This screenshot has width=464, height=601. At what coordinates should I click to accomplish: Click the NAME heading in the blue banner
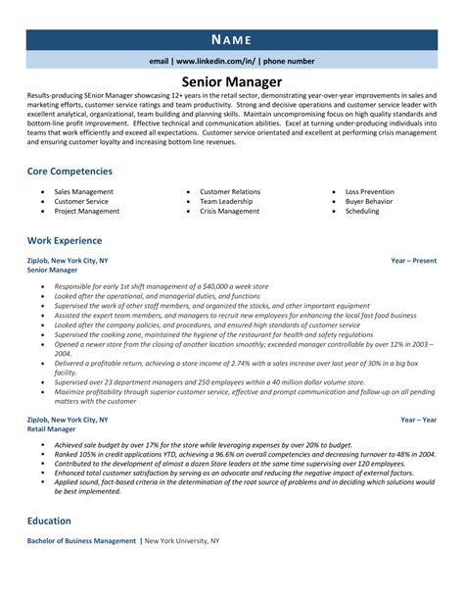pos(232,39)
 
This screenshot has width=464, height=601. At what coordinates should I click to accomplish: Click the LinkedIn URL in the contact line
pos(217,61)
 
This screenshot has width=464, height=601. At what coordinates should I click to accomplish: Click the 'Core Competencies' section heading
pos(70,171)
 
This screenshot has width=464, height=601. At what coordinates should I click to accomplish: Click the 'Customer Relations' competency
pos(230,192)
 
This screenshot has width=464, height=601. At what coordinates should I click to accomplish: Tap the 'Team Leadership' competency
pos(226,202)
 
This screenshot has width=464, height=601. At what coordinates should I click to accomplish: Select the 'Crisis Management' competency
pos(230,211)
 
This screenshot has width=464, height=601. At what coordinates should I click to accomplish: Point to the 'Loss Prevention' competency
pos(370,192)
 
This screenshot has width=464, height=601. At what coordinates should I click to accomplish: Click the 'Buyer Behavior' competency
pos(368,202)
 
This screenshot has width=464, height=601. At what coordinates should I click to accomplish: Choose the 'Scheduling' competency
pos(362,211)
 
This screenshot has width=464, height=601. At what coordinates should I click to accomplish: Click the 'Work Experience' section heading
pos(65,240)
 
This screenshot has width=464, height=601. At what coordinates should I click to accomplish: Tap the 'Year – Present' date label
pos(413,262)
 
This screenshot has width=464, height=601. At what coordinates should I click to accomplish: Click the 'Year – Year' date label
pos(418,392)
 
